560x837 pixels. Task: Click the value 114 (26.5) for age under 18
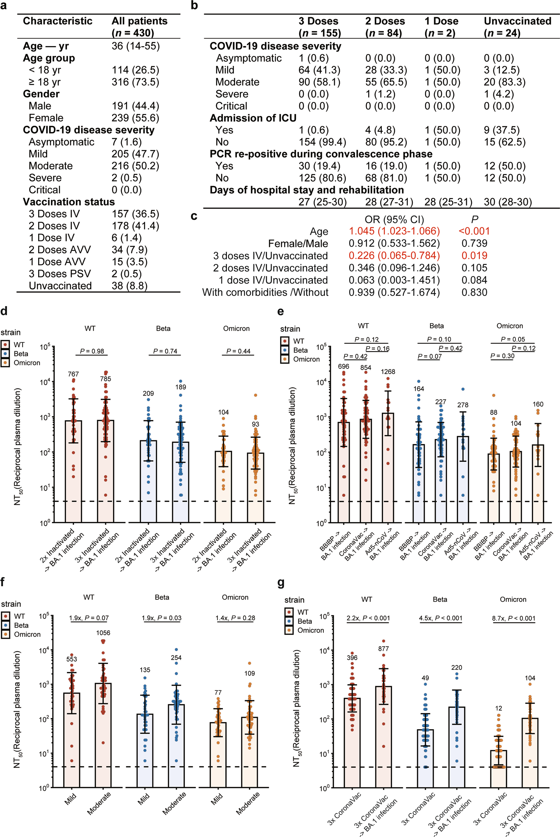135,70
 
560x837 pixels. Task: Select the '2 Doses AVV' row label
60,250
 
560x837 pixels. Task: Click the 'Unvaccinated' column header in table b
517,21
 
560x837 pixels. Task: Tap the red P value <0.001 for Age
474,231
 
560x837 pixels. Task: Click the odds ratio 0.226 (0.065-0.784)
394,256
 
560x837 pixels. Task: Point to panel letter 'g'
281,583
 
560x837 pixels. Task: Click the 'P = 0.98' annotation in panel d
92,351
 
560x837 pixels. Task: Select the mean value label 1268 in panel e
388,371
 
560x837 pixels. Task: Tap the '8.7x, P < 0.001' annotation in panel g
513,618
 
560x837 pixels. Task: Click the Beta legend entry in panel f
21,625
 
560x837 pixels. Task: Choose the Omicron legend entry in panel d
26,363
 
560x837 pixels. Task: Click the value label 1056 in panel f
103,633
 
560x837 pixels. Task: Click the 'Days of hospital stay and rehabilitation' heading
306,190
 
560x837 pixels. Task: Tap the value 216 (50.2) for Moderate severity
135,166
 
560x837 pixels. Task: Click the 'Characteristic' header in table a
58,21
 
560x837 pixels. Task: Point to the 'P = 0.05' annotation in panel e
512,339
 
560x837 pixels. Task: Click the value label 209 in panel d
148,393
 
